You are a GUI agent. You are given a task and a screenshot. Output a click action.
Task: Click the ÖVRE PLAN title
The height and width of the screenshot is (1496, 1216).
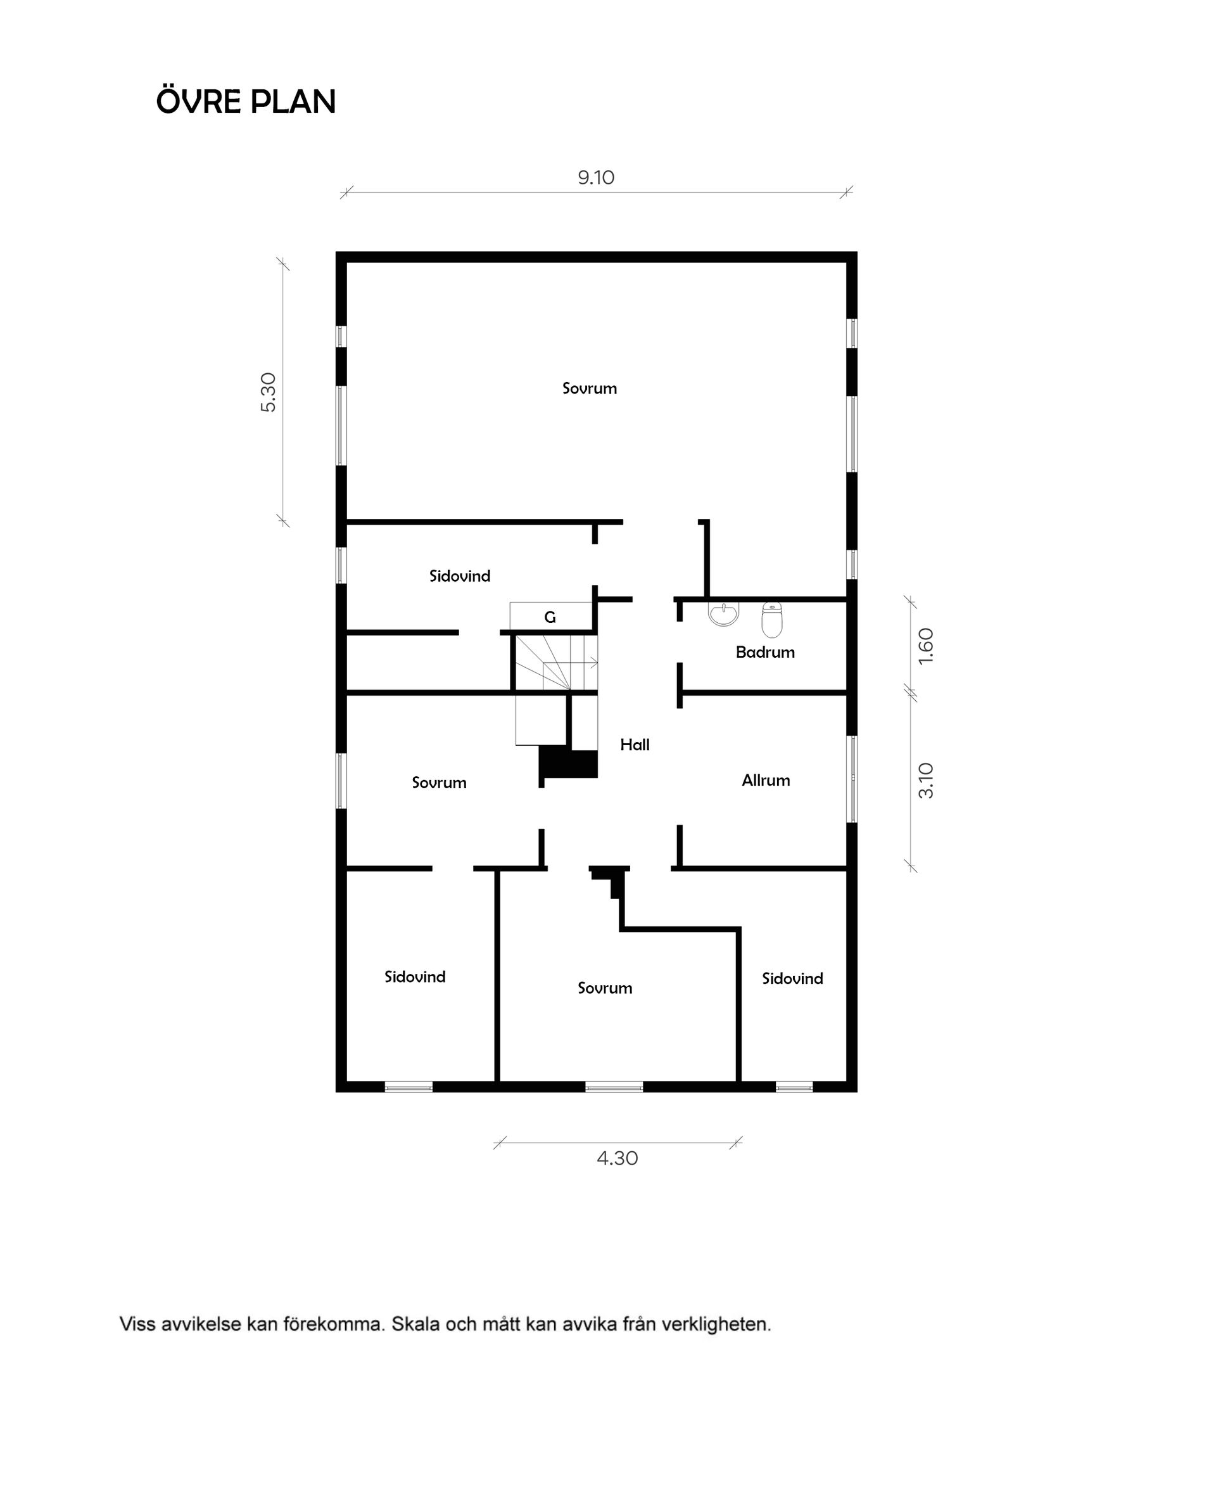coord(246,102)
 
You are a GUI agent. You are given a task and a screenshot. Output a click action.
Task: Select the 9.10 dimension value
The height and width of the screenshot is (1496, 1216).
coord(595,177)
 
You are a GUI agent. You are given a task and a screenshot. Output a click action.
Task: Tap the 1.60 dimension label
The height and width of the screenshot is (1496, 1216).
coord(925,646)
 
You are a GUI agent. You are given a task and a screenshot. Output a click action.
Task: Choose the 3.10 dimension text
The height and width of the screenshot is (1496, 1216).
coord(925,781)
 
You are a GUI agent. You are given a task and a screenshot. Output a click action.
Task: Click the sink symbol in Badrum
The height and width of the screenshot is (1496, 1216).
coord(723,614)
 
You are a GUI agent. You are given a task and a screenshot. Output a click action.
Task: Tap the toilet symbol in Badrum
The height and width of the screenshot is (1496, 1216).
coord(771,620)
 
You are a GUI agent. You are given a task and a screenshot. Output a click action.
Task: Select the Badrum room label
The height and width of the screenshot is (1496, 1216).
coord(765,653)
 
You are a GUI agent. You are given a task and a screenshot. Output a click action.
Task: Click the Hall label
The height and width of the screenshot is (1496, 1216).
coord(635,745)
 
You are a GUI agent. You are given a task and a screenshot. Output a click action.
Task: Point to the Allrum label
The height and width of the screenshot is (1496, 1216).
coord(766,780)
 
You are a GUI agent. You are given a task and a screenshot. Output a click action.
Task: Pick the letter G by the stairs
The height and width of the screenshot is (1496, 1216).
coord(550,617)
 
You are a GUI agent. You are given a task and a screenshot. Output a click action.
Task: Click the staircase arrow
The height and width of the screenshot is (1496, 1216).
coord(592,662)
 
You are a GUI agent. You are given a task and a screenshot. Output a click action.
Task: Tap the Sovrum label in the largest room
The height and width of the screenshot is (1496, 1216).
coord(589,388)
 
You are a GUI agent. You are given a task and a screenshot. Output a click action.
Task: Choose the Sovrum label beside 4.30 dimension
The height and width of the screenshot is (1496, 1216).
coord(604,988)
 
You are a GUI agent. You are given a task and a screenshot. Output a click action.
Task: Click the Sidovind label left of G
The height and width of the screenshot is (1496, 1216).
coord(460,576)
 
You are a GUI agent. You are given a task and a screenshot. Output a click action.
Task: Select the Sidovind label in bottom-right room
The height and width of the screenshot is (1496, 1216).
coord(792,979)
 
